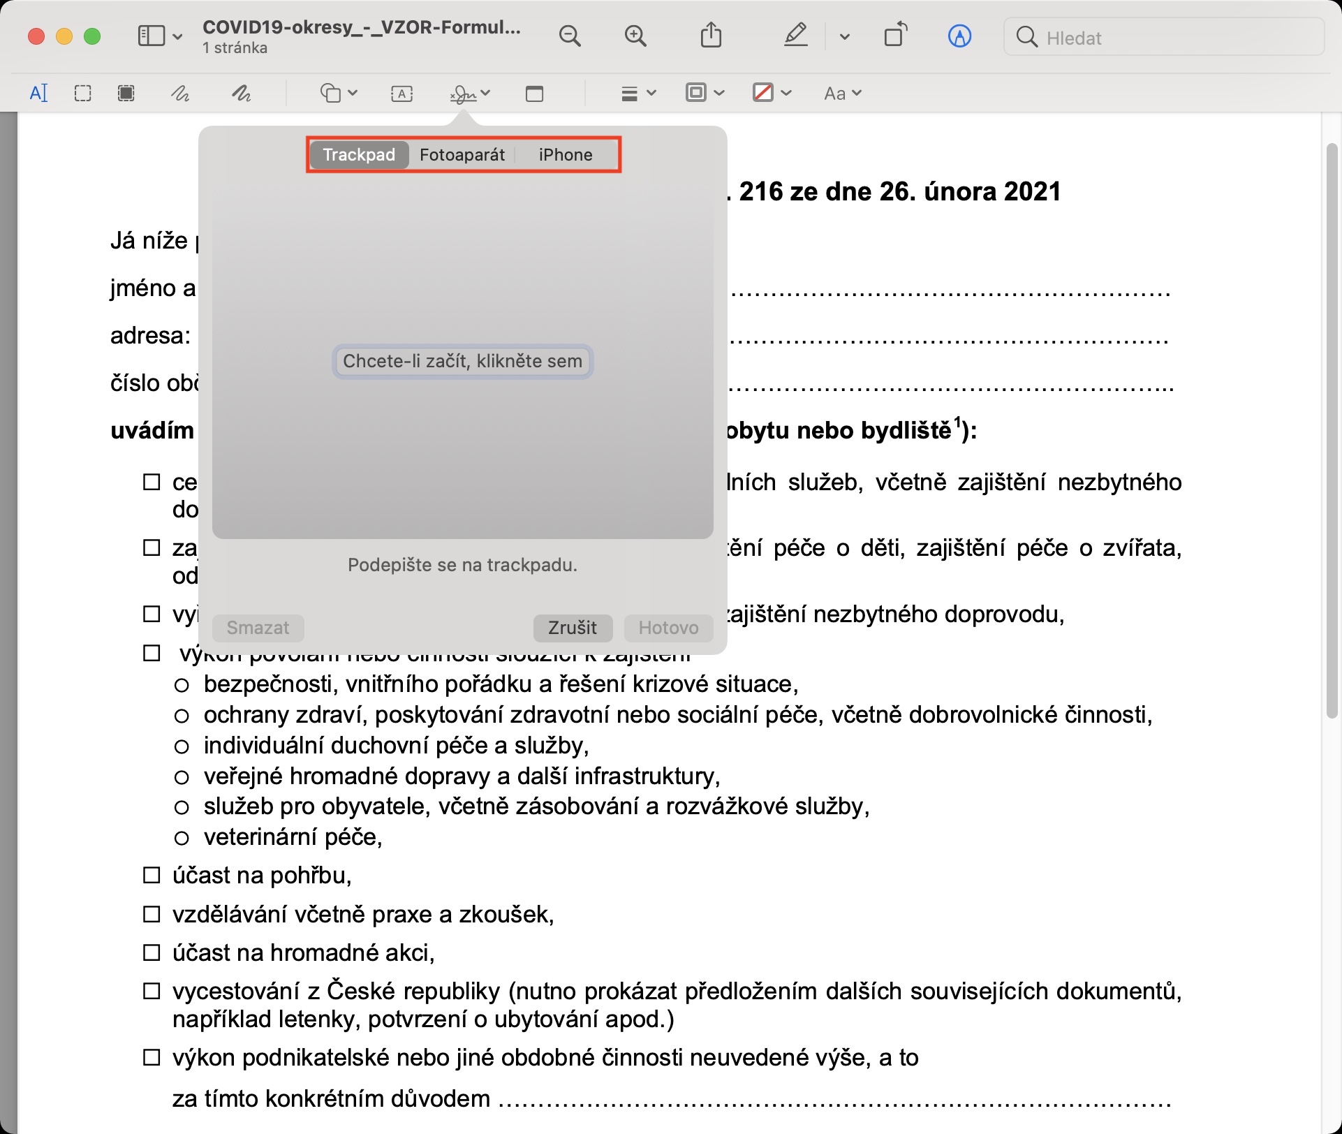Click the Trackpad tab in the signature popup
point(359,154)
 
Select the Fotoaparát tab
point(462,154)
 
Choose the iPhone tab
point(565,154)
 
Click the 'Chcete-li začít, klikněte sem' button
point(462,361)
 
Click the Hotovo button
point(668,627)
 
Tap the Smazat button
point(258,627)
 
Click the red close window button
point(36,36)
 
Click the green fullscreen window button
point(92,36)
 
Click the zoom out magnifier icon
point(570,36)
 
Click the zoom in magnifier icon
point(635,36)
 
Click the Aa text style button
point(842,94)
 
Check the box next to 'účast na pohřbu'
point(152,875)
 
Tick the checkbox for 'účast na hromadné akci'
point(152,952)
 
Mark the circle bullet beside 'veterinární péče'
point(182,837)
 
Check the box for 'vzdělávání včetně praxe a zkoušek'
point(152,914)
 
